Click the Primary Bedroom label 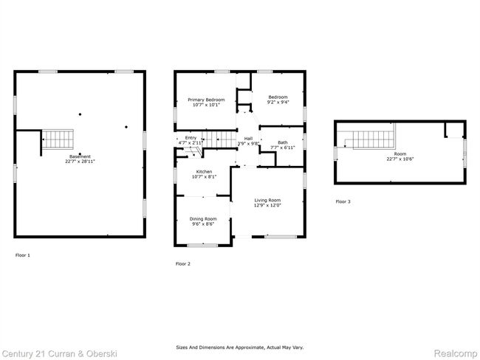[206, 100]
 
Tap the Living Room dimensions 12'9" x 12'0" [267, 205]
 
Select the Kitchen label [204, 172]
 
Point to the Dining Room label [203, 218]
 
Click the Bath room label [283, 142]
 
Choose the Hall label [248, 139]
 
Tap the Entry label [191, 138]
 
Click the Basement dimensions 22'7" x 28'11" [80, 162]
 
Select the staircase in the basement [58, 139]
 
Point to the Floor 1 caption [23, 255]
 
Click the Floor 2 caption [182, 263]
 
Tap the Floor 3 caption [343, 201]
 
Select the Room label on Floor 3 [400, 154]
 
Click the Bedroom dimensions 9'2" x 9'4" [278, 102]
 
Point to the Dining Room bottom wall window [202, 245]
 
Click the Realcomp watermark [456, 353]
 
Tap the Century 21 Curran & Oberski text [60, 354]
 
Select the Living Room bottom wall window [281, 237]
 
